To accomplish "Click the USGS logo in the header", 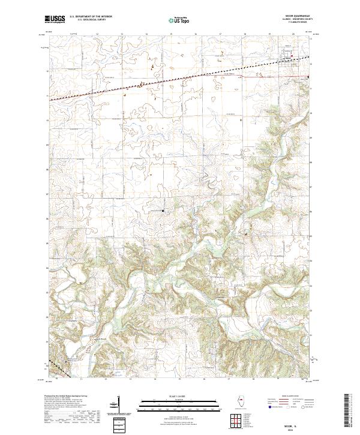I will point(55,19).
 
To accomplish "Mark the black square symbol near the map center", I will point(161,211).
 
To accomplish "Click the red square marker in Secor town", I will point(292,57).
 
